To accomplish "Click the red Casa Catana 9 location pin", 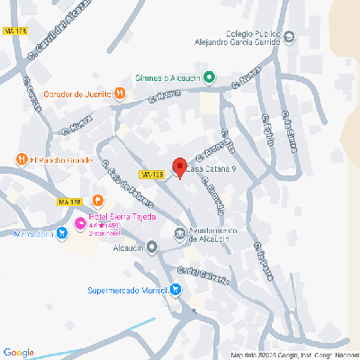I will point(179,167).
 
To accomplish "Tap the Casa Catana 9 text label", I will point(213,168).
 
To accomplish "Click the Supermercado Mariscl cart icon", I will point(175,290).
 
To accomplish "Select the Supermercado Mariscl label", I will point(128,290).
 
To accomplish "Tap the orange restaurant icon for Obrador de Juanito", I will point(120,93).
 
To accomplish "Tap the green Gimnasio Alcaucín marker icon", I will point(209,77).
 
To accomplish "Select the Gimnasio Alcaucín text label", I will point(166,77).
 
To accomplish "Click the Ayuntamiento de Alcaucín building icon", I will point(178,235).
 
